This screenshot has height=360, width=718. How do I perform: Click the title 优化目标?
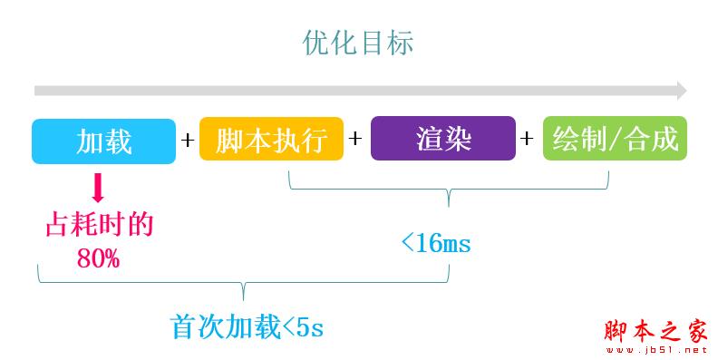click(x=358, y=44)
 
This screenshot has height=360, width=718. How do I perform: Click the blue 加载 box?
click(x=103, y=141)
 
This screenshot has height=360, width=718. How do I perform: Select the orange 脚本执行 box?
click(x=271, y=141)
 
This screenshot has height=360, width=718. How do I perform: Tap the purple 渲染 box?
click(x=443, y=141)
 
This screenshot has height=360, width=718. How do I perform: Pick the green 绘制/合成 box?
click(x=615, y=141)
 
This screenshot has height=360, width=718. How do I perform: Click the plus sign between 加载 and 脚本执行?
click(x=188, y=141)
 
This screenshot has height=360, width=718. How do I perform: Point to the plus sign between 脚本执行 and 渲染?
click(x=356, y=140)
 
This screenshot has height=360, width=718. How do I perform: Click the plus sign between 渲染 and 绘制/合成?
click(x=528, y=140)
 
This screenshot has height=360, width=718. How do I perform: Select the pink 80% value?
click(x=98, y=258)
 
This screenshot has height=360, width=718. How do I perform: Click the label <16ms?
click(x=435, y=243)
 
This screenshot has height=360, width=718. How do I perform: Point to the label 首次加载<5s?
click(x=247, y=326)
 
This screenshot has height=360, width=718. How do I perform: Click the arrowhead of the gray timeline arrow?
click(x=680, y=91)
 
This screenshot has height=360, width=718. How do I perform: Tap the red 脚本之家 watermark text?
click(x=655, y=332)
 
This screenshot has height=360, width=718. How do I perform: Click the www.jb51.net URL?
click(x=655, y=349)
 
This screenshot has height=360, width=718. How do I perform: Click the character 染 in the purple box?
click(x=457, y=141)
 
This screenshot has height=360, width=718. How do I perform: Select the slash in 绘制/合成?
click(x=615, y=141)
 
